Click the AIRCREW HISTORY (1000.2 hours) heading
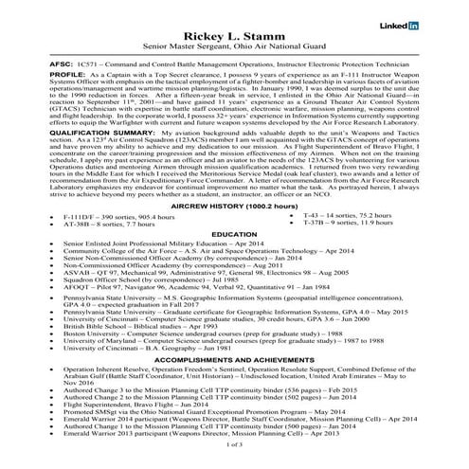coord(234,231)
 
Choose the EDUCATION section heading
coord(234,260)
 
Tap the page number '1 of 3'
coord(234,459)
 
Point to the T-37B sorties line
coord(335,249)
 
